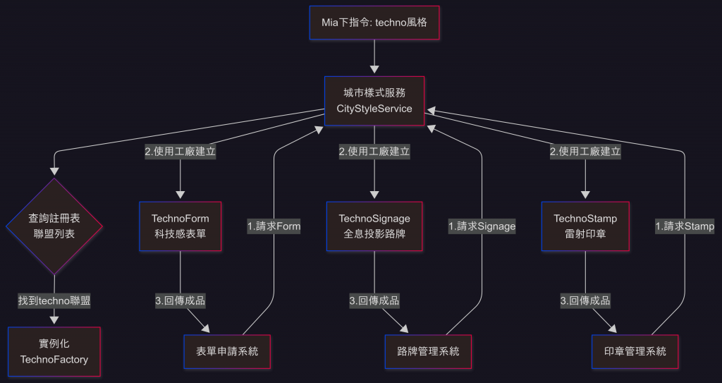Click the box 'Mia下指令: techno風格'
tap(374, 23)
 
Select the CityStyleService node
tap(374, 101)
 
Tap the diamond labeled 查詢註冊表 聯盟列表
tap(54, 226)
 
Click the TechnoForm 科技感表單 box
tap(180, 226)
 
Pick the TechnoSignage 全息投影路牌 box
tap(374, 226)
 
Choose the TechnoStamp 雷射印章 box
tap(585, 226)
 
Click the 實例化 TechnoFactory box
tap(54, 351)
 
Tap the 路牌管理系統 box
tap(428, 351)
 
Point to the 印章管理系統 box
tap(635, 351)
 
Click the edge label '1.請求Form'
tap(274, 226)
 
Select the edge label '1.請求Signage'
tap(482, 226)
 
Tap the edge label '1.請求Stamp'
tap(685, 226)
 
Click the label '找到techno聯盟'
tap(54, 300)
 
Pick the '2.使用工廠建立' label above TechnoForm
tap(180, 151)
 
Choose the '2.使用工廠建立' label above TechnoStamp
tap(585, 151)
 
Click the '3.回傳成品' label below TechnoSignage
tap(374, 300)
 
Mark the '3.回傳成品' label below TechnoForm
tap(180, 300)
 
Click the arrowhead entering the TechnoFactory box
tap(54, 321)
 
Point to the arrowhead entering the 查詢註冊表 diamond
tap(54, 171)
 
